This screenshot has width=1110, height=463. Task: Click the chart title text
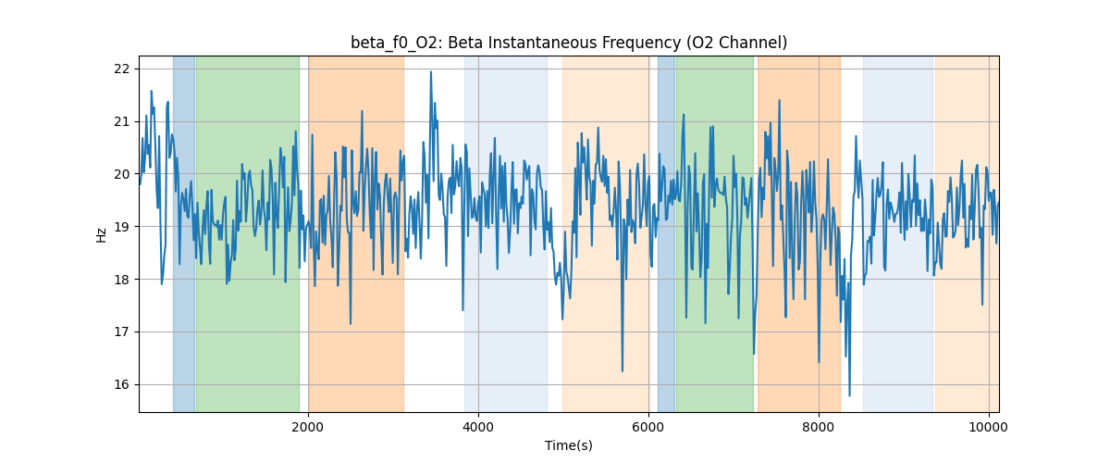[x=569, y=43]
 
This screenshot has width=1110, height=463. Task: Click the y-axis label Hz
[x=101, y=234]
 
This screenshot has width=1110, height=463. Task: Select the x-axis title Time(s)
[x=569, y=445]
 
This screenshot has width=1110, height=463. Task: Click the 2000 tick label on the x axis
[x=308, y=427]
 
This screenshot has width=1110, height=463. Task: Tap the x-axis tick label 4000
[x=478, y=427]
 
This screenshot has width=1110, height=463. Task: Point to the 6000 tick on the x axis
[x=648, y=427]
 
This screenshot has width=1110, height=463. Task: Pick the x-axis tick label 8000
[x=819, y=427]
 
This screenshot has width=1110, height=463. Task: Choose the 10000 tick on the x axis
[x=989, y=427]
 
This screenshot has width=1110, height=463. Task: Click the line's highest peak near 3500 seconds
[x=431, y=72]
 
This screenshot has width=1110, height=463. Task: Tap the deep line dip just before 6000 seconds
[x=623, y=370]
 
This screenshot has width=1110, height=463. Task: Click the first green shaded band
[x=247, y=231]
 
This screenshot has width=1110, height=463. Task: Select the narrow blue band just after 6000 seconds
[x=666, y=231]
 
